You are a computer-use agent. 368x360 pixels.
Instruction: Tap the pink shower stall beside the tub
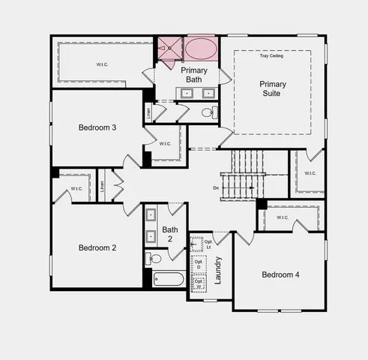coord(169,48)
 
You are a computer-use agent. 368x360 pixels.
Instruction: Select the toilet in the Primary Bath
coord(208,112)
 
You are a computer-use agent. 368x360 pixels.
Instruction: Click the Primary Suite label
coord(273,88)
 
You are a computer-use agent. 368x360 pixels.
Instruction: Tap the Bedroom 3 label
coord(97,127)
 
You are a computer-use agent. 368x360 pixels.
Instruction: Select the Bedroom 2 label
coord(97,247)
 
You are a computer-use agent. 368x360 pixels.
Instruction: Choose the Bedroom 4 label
coord(280,274)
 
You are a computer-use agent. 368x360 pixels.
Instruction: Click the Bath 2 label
coord(169,234)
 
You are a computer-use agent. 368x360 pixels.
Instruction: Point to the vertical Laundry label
coord(218,270)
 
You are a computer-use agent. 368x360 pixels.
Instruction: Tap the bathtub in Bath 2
coord(164,279)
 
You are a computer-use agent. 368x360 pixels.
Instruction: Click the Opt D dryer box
coord(199,264)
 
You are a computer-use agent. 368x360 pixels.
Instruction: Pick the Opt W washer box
coord(199,284)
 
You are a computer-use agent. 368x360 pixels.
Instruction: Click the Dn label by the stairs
coord(216,187)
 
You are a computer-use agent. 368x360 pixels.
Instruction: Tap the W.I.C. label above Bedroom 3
coord(102,64)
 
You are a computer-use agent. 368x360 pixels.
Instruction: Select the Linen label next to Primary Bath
coord(148,112)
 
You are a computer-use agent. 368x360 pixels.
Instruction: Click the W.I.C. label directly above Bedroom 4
coord(282,217)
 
